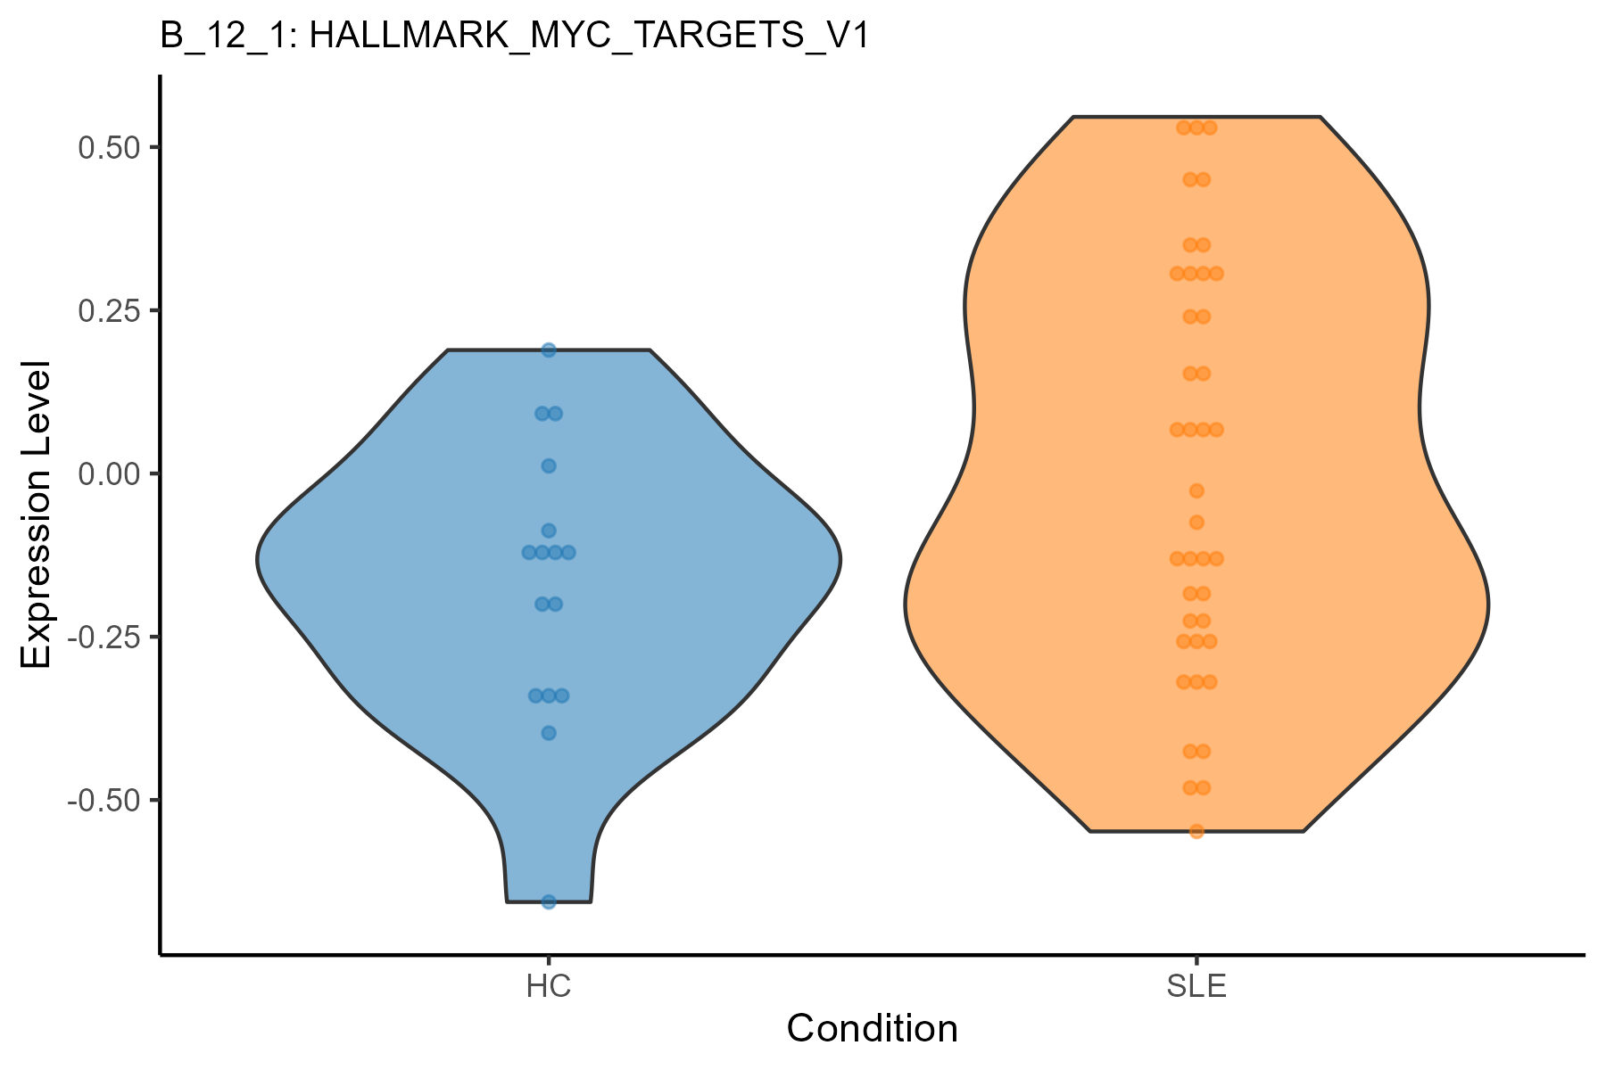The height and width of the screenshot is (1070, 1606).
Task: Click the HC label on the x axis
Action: point(548,987)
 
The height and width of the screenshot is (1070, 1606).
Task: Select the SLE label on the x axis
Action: point(1196,987)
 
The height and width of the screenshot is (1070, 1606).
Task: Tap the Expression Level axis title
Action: point(36,514)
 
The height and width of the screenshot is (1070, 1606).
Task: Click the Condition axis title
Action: point(872,1029)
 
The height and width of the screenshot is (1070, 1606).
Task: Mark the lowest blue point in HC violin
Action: point(549,901)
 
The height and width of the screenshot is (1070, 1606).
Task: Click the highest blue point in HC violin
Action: point(549,350)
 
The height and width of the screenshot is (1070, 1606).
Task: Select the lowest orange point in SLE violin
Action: point(1196,831)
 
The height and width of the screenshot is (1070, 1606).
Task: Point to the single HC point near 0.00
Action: point(549,465)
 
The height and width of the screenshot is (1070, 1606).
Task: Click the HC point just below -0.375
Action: point(549,733)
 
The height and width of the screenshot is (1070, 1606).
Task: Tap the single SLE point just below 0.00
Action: point(1196,490)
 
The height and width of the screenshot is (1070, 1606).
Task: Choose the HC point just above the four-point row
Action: point(549,531)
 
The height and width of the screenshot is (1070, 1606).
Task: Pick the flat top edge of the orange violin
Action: point(1196,117)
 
